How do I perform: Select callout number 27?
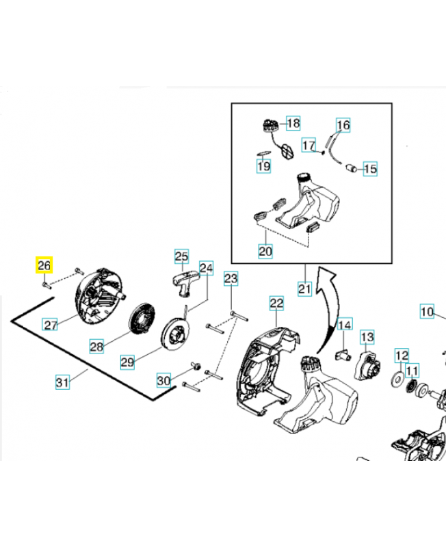tap(50, 325)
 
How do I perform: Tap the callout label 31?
tap(62, 382)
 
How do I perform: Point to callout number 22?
tap(276, 302)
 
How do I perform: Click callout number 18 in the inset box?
tap(293, 124)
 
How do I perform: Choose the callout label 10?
tap(427, 312)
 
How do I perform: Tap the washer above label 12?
tap(397, 379)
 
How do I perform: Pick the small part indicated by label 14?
tap(343, 353)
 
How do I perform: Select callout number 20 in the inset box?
tap(265, 252)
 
